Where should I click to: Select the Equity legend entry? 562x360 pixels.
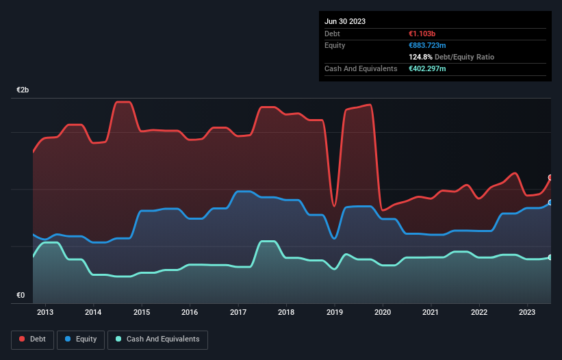coord(81,339)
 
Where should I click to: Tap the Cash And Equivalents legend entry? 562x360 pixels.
coord(157,339)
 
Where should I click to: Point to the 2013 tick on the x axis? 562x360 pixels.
coord(45,312)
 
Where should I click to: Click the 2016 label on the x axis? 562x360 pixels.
coord(190,312)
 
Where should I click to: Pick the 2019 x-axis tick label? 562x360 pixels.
coord(335,312)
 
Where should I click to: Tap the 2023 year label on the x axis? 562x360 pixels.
coord(527,312)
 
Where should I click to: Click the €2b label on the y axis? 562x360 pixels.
coord(23,90)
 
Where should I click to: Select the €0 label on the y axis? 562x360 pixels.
coord(21,296)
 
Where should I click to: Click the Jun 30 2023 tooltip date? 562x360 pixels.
coord(345,21)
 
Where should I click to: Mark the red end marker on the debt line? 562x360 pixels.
coord(550,177)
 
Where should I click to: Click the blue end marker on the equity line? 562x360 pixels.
coord(550,203)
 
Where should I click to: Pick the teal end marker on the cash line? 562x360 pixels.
coord(550,257)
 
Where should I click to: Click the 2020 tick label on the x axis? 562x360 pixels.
coord(383,312)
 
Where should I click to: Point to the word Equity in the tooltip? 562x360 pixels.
coord(335,45)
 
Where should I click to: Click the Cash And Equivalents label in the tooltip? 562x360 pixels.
coord(361,69)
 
